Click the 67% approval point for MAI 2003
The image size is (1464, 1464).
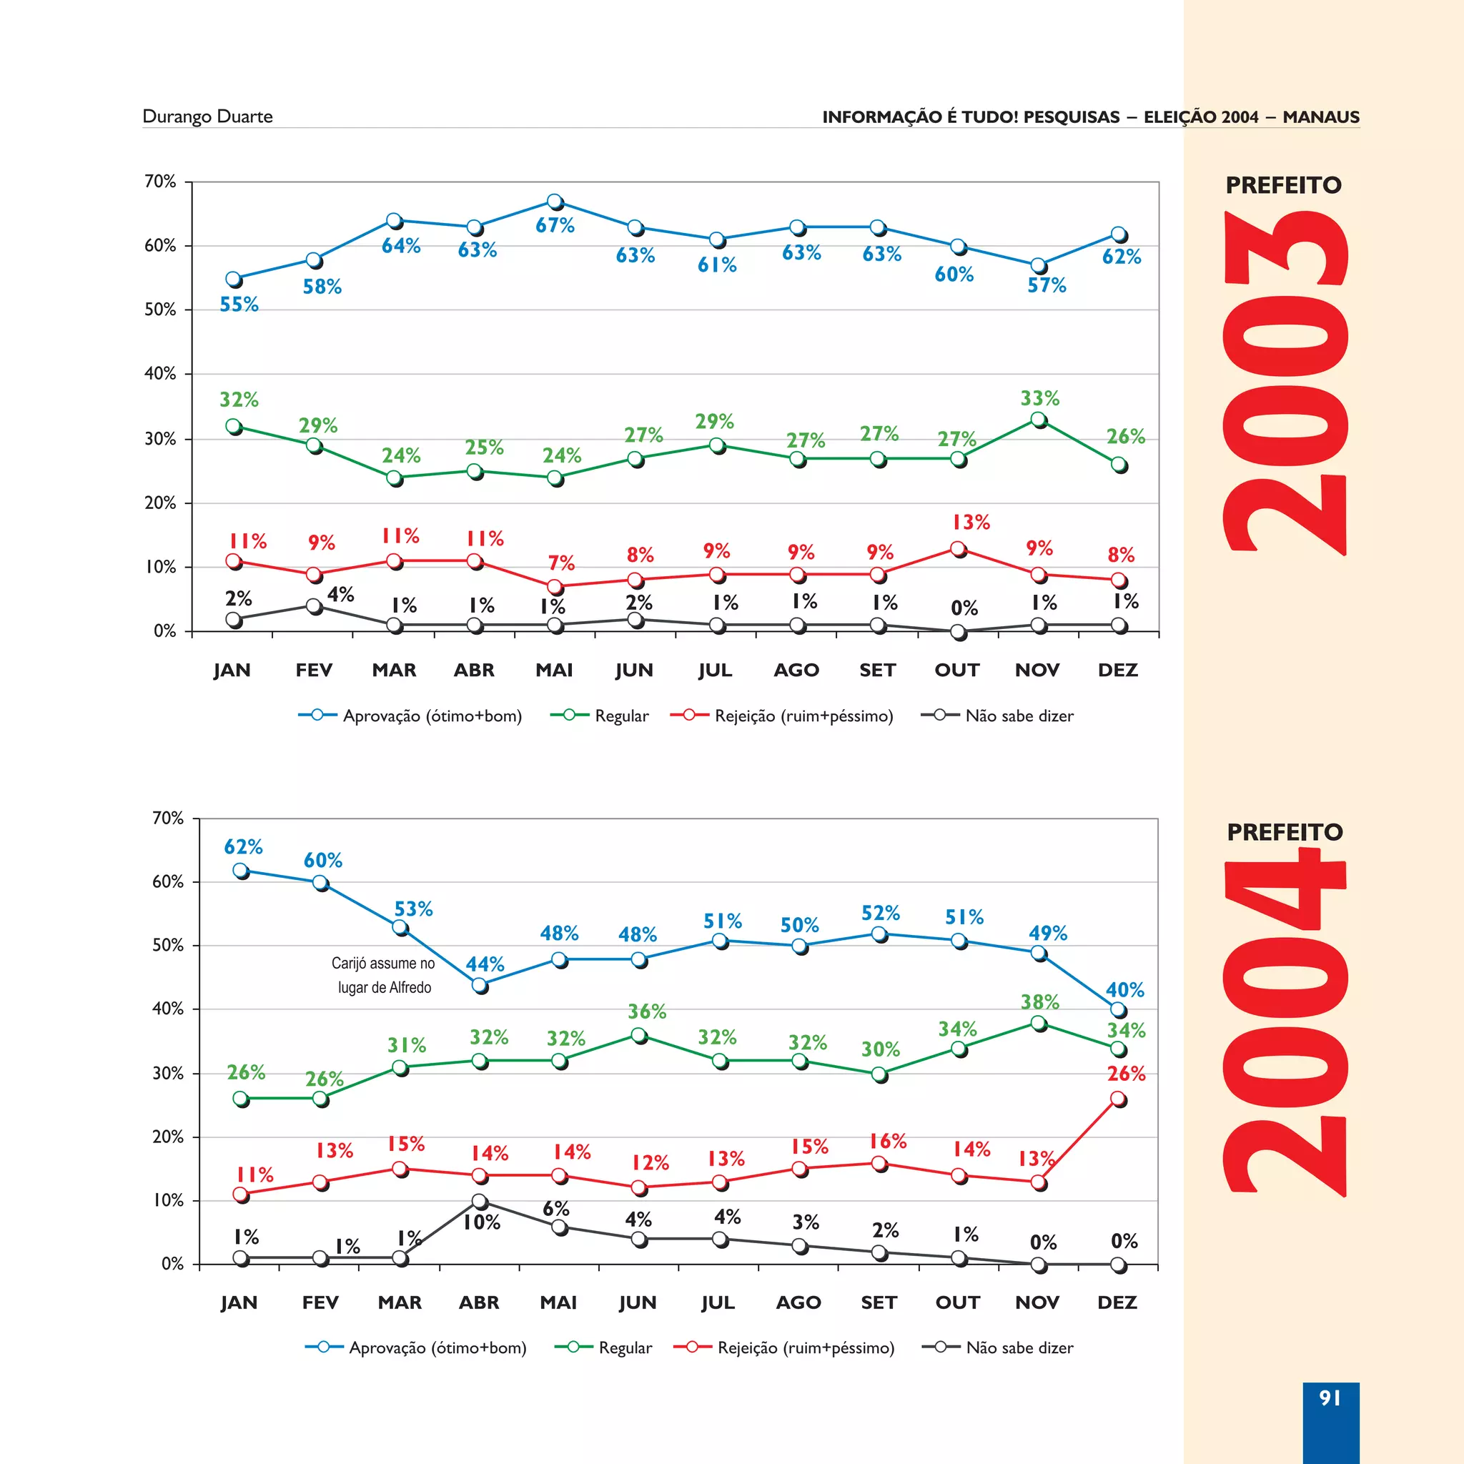pyautogui.click(x=555, y=202)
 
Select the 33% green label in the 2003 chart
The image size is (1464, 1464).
pyautogui.click(x=1039, y=399)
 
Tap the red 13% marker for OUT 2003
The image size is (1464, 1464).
pyautogui.click(x=958, y=548)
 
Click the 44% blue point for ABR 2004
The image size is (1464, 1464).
pyautogui.click(x=479, y=985)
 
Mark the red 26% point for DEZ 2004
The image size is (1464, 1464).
pyautogui.click(x=1118, y=1099)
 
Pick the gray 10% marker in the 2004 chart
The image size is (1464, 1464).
pyautogui.click(x=479, y=1201)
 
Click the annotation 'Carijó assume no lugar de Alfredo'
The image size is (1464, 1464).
pyautogui.click(x=383, y=975)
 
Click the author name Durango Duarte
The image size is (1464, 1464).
pyautogui.click(x=207, y=117)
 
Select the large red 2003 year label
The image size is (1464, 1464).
pyautogui.click(x=1285, y=382)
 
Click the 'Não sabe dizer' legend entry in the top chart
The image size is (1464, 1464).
pyautogui.click(x=1019, y=716)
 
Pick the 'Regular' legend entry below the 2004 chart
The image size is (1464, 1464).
pyautogui.click(x=624, y=1347)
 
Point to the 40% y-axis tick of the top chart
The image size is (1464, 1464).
pyautogui.click(x=160, y=374)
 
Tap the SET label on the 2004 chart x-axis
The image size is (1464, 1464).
pyautogui.click(x=879, y=1302)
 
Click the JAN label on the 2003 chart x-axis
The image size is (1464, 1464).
pyautogui.click(x=232, y=670)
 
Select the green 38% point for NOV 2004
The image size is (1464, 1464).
pyautogui.click(x=1039, y=1024)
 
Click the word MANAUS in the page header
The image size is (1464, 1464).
pyautogui.click(x=1321, y=117)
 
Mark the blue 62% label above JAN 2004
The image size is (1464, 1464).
pyautogui.click(x=243, y=846)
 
